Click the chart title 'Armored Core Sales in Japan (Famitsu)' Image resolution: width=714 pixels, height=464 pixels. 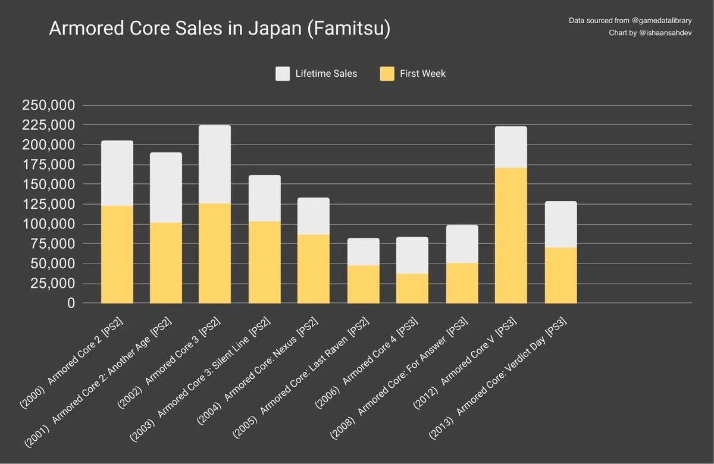coord(219,29)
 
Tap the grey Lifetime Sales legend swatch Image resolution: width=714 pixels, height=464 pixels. coord(282,74)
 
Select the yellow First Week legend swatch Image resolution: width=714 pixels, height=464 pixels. coord(387,74)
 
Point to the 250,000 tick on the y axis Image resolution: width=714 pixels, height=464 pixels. coord(48,105)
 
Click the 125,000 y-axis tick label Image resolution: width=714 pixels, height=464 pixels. coord(48,204)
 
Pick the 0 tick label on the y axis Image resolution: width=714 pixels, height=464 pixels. coord(71,303)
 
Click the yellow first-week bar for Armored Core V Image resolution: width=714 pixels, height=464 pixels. coord(511,235)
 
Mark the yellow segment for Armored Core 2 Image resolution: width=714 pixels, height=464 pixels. coord(117,254)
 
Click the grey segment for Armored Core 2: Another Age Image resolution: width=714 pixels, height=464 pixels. coord(165,187)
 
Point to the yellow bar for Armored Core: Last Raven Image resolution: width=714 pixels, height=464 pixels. coord(363,284)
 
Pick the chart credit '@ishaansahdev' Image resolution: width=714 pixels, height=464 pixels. coord(665,33)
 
